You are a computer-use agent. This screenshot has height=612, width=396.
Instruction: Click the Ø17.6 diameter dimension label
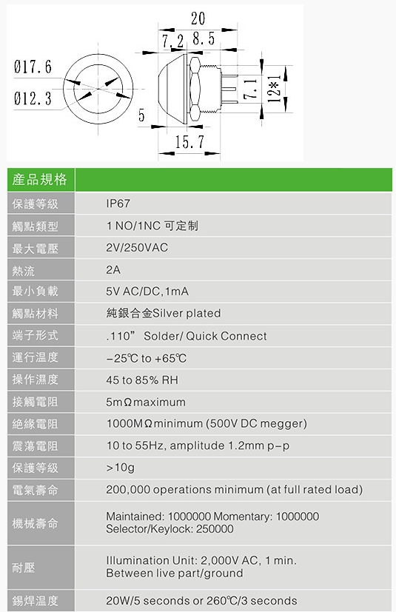pyautogui.click(x=33, y=67)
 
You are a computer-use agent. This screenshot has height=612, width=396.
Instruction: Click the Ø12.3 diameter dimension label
pyautogui.click(x=33, y=98)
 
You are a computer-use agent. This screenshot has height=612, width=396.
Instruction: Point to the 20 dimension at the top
pyautogui.click(x=198, y=19)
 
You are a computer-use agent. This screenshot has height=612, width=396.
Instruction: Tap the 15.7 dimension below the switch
pyautogui.click(x=189, y=141)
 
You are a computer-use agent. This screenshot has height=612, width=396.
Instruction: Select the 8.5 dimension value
pyautogui.click(x=204, y=38)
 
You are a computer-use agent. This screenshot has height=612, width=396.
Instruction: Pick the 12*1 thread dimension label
pyautogui.click(x=275, y=89)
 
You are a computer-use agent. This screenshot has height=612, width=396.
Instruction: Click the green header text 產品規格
pyautogui.click(x=39, y=180)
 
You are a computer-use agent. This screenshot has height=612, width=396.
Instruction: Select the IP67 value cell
pyautogui.click(x=118, y=204)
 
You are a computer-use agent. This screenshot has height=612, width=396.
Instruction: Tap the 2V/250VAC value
pyautogui.click(x=137, y=247)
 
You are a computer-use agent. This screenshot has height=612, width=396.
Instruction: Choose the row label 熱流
pyautogui.click(x=24, y=271)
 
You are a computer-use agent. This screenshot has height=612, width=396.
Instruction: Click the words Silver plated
pyautogui.click(x=187, y=313)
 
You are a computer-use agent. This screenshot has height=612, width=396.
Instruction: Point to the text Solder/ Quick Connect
pyautogui.click(x=205, y=336)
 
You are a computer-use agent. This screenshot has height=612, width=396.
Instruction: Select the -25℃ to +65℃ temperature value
pyautogui.click(x=146, y=358)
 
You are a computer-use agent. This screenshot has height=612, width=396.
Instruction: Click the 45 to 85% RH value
pyautogui.click(x=142, y=380)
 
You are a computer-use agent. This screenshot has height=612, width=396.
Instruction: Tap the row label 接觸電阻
pyautogui.click(x=35, y=402)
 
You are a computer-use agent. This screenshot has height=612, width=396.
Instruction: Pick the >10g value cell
pyautogui.click(x=121, y=468)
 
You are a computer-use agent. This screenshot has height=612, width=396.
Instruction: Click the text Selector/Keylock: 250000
pyautogui.click(x=170, y=529)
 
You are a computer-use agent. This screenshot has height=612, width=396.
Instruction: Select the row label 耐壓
pyautogui.click(x=24, y=568)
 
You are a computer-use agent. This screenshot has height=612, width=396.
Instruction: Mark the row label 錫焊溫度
pyautogui.click(x=35, y=601)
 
